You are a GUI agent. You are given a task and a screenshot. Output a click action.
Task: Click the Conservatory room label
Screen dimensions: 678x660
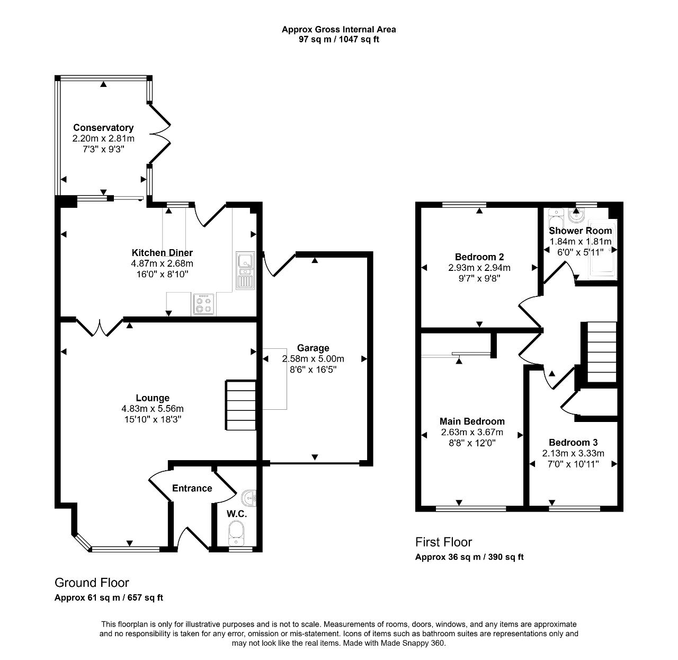(x=103, y=128)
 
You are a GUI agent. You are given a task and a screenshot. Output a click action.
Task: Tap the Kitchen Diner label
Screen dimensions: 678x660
(x=162, y=252)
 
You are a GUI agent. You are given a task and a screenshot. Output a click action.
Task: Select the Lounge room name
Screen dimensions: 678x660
(x=153, y=398)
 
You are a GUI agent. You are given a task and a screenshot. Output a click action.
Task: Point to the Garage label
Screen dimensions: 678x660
(x=313, y=348)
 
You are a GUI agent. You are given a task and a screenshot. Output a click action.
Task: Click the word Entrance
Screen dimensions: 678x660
(x=192, y=488)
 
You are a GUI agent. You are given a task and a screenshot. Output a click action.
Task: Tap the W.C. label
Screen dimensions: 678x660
(x=237, y=514)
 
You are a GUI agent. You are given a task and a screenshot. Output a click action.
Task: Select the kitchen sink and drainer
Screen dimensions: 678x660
(x=245, y=270)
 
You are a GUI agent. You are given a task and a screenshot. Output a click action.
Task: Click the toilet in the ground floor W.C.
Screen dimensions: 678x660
(x=236, y=533)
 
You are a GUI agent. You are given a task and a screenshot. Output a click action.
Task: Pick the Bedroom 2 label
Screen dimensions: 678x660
(x=479, y=257)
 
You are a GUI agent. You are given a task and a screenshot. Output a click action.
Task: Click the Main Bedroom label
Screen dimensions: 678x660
(x=472, y=421)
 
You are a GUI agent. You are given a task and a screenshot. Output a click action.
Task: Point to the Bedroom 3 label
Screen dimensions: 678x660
(x=573, y=443)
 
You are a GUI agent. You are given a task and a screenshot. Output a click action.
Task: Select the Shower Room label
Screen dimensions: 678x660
(x=580, y=231)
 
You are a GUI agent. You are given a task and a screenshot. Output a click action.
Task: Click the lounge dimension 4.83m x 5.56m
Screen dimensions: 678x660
(x=153, y=409)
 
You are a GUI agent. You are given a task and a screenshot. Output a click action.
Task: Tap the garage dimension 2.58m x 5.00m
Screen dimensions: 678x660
(x=313, y=359)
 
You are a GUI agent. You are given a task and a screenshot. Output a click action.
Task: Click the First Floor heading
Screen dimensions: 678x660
(x=443, y=542)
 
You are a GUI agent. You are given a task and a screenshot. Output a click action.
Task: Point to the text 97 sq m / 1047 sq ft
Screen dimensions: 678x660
(x=338, y=39)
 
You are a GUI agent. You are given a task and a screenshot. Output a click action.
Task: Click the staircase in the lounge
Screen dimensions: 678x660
(x=241, y=405)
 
